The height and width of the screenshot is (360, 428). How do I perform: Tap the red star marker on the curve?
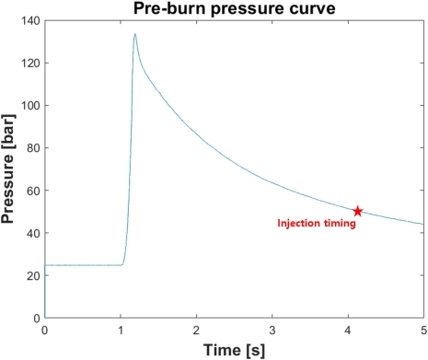click(x=358, y=212)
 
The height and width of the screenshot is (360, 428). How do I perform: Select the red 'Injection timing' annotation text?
click(x=316, y=223)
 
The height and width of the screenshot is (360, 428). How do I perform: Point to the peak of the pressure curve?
click(x=134, y=35)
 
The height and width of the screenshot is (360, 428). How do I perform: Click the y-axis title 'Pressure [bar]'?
click(x=10, y=169)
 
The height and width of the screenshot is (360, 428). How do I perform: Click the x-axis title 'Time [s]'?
click(x=233, y=349)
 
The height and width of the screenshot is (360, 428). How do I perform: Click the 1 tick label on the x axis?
click(x=121, y=329)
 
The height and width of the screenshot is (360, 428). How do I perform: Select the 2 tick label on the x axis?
click(x=196, y=329)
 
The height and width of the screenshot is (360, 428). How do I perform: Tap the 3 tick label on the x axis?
click(x=272, y=329)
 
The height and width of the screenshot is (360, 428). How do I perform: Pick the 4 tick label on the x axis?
click(x=347, y=329)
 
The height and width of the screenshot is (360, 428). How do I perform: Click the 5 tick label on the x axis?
click(x=422, y=329)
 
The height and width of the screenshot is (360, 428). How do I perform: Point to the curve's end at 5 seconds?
click(x=422, y=224)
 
